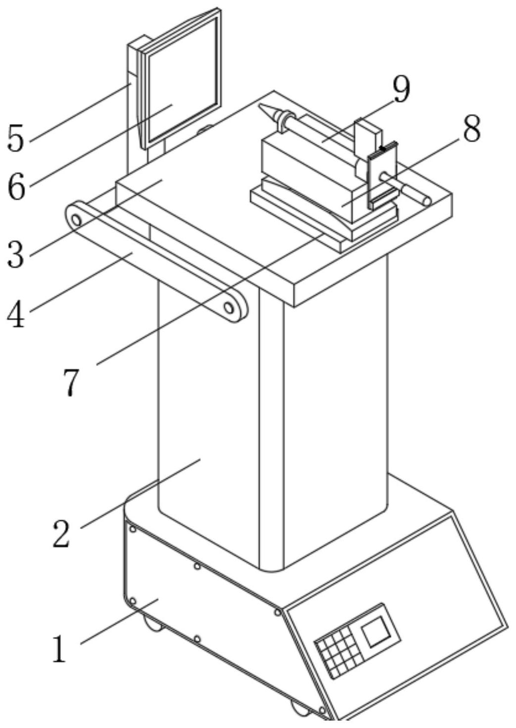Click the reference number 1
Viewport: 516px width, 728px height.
pos(59,648)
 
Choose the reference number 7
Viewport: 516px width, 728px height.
pos(70,382)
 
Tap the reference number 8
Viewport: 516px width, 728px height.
pos(471,129)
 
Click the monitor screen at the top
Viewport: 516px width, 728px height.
pos(182,82)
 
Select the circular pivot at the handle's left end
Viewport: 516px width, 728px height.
pos(76,219)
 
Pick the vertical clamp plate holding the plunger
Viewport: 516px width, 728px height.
pos(382,175)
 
